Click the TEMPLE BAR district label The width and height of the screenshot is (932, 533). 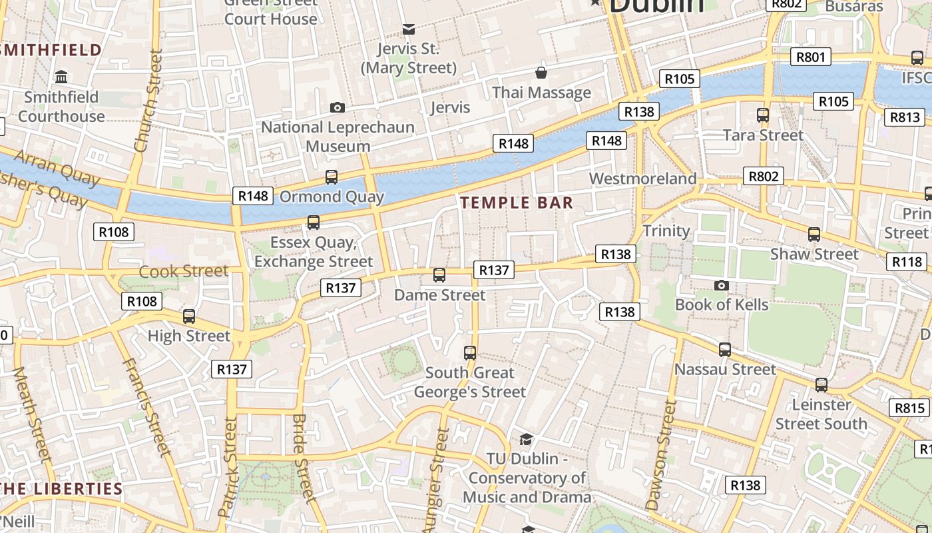(x=517, y=203)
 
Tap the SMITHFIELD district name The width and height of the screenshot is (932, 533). (x=52, y=50)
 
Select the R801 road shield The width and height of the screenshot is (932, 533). (x=811, y=57)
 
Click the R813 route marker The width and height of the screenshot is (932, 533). (x=905, y=118)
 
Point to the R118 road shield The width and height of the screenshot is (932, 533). (x=907, y=262)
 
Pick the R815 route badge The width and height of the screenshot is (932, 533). (x=909, y=408)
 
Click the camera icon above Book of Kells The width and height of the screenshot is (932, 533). (x=721, y=286)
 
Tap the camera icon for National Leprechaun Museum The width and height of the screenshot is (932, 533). (x=338, y=107)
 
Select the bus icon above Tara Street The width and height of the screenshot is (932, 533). (x=763, y=115)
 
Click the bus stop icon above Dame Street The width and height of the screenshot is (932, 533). (x=439, y=274)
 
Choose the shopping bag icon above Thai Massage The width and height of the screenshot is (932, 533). (x=541, y=72)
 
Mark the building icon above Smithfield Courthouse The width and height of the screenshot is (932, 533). (x=62, y=77)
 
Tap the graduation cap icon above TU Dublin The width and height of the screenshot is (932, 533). (x=526, y=439)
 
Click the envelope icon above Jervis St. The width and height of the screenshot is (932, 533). (x=409, y=29)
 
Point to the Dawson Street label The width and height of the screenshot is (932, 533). (x=661, y=454)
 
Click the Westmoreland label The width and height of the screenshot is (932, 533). (x=642, y=179)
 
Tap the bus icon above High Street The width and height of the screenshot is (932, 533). (x=189, y=316)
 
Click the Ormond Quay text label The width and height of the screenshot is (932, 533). (x=332, y=197)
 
